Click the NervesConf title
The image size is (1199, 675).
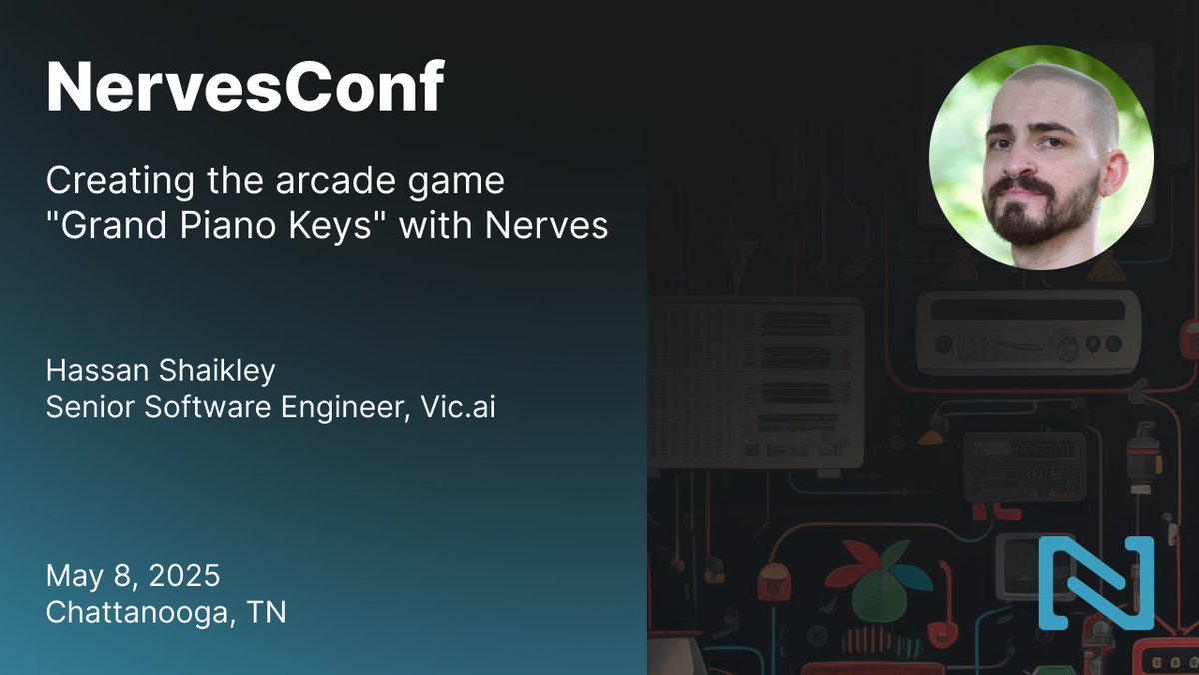(x=244, y=89)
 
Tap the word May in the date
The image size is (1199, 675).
(x=75, y=576)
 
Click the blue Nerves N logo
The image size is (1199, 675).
(x=1095, y=583)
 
